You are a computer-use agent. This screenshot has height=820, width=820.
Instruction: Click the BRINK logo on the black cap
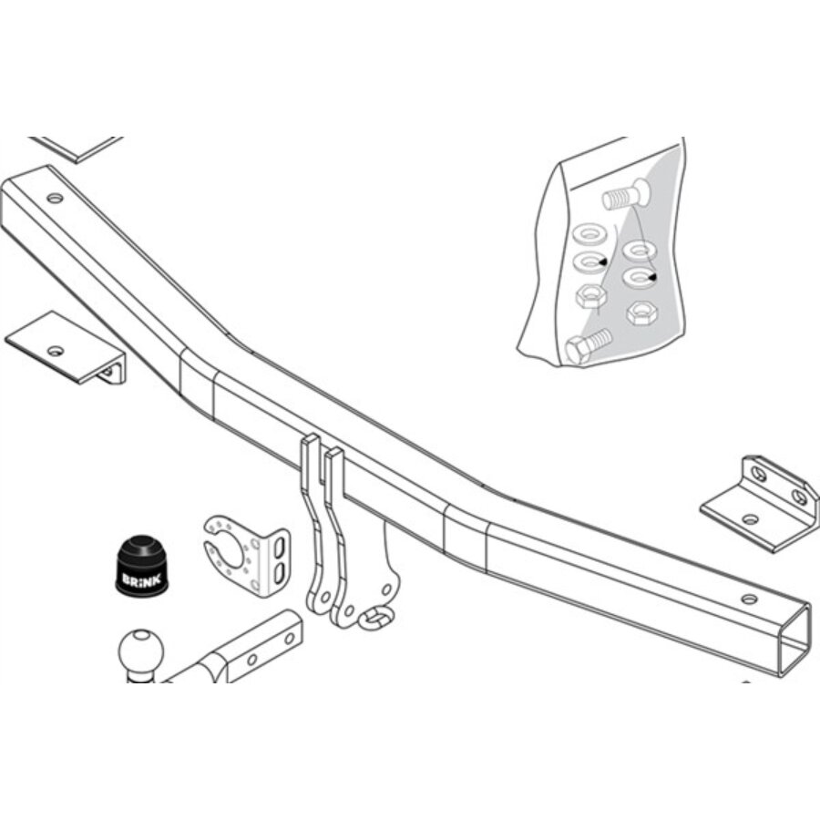(141, 580)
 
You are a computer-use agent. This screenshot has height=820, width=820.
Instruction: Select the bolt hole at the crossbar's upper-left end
(55, 199)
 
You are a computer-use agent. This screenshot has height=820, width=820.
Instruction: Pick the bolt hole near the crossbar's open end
(750, 600)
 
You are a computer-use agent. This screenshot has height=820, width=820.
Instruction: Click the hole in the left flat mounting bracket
(56, 351)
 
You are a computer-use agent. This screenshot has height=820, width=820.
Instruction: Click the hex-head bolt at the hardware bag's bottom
(589, 345)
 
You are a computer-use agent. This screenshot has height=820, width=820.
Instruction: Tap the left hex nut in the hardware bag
(591, 296)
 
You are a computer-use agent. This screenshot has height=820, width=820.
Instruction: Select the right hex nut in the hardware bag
(642, 313)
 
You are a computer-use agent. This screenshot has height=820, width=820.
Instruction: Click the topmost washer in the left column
(589, 234)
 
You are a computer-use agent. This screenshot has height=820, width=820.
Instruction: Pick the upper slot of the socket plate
(280, 548)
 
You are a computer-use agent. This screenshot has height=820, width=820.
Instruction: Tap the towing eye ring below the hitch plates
(376, 618)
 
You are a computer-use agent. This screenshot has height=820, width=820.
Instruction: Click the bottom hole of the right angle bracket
(750, 520)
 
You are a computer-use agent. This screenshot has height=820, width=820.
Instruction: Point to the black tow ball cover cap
(142, 565)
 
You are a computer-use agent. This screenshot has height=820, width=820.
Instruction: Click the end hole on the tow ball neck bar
(288, 639)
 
